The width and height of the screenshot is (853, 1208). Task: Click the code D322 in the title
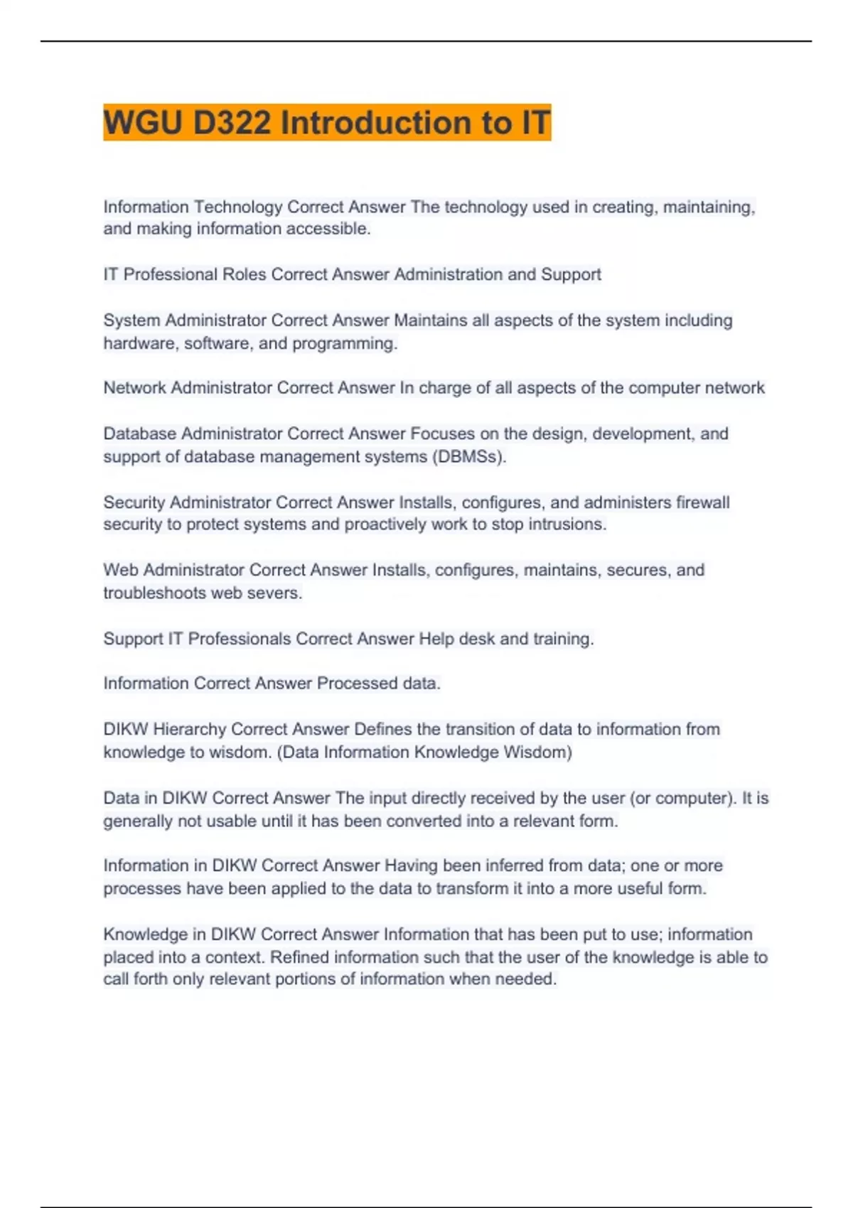(x=232, y=123)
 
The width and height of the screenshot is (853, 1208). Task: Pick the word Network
(x=134, y=388)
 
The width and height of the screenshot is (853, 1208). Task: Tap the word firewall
(x=702, y=502)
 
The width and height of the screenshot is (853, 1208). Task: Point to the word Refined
(x=300, y=957)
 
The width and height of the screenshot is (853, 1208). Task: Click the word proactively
(x=387, y=524)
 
